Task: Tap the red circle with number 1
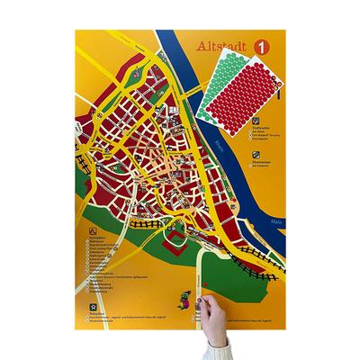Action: [263, 45]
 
